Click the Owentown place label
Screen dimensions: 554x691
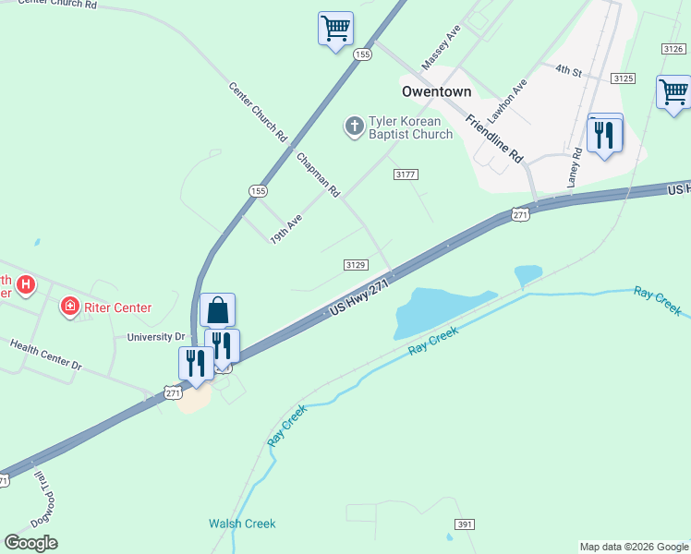point(437,92)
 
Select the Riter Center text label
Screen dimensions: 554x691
point(118,307)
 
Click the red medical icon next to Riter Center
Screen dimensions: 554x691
point(68,306)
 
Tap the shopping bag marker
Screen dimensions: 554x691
point(217,310)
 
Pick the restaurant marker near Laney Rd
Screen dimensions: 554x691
point(605,134)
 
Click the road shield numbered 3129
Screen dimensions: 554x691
point(357,265)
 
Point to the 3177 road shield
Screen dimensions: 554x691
point(406,175)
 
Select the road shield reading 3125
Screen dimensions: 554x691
point(624,78)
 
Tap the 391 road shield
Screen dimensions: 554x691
point(465,524)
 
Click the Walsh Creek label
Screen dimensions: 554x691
point(242,524)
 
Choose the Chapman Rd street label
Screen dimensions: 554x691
point(319,175)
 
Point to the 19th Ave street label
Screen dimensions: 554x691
point(286,228)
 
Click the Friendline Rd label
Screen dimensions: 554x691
point(494,138)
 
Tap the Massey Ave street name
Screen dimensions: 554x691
point(441,48)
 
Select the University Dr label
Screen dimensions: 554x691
point(156,337)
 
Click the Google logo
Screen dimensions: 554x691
point(30,543)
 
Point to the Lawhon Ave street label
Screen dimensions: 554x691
point(508,100)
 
